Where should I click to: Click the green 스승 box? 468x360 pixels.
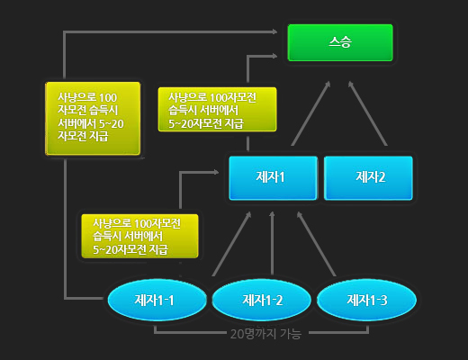pyautogui.click(x=340, y=42)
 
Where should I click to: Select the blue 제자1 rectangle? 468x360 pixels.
pyautogui.click(x=273, y=177)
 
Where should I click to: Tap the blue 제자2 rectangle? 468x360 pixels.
pyautogui.click(x=368, y=177)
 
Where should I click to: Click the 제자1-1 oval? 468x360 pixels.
pyautogui.click(x=157, y=300)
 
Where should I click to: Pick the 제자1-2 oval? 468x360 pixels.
pyautogui.click(x=261, y=300)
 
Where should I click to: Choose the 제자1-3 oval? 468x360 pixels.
pyautogui.click(x=366, y=300)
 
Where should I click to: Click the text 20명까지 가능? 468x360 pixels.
pyautogui.click(x=265, y=334)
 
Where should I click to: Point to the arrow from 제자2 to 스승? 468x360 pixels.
pyautogui.click(x=367, y=113)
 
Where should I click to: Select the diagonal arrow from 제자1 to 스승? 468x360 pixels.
pyautogui.click(x=310, y=113)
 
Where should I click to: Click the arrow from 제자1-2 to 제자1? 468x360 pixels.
pyautogui.click(x=272, y=243)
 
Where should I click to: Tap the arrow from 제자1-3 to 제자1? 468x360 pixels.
pyautogui.click(x=316, y=244)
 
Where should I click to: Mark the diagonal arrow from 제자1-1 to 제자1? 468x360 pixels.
pyautogui.click(x=231, y=244)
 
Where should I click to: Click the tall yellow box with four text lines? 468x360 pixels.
pyautogui.click(x=93, y=119)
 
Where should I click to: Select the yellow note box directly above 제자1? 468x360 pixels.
pyautogui.click(x=217, y=109)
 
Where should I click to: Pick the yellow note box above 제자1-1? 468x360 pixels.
pyautogui.click(x=139, y=236)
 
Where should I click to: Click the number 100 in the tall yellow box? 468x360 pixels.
pyautogui.click(x=108, y=98)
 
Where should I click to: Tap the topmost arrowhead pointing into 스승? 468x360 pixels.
pyautogui.click(x=274, y=31)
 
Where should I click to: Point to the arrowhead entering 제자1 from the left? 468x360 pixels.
pyautogui.click(x=215, y=172)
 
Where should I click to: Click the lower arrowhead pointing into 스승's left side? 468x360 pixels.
pyautogui.click(x=274, y=56)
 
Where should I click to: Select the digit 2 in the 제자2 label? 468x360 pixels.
pyautogui.click(x=382, y=177)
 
